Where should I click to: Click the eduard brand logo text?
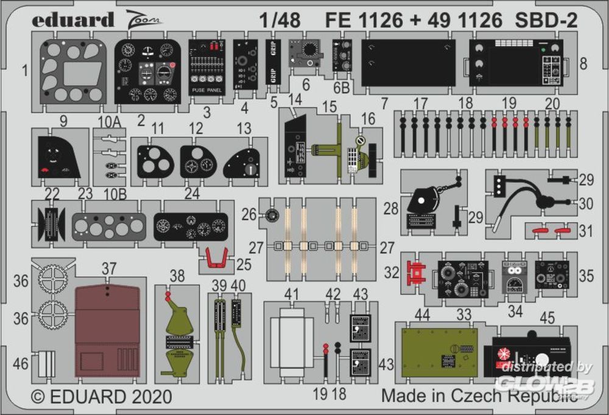point(73,20)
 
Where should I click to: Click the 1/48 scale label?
point(279,21)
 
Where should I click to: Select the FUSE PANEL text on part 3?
point(207,90)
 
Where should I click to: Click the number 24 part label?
point(192,193)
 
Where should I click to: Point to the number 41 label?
point(292,294)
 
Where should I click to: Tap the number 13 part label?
point(244,128)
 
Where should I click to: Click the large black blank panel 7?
point(408,63)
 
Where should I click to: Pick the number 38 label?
point(177,276)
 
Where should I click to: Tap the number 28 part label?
point(391,209)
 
